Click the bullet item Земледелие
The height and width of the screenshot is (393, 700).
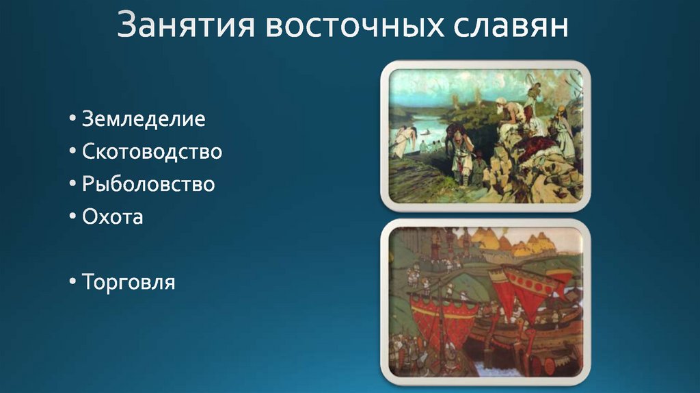point(144,119)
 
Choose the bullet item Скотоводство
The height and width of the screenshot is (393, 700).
point(152,151)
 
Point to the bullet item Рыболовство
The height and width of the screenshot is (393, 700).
point(148,184)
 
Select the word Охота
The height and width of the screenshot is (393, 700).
point(112,217)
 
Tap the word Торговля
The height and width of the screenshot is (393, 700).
point(129,281)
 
